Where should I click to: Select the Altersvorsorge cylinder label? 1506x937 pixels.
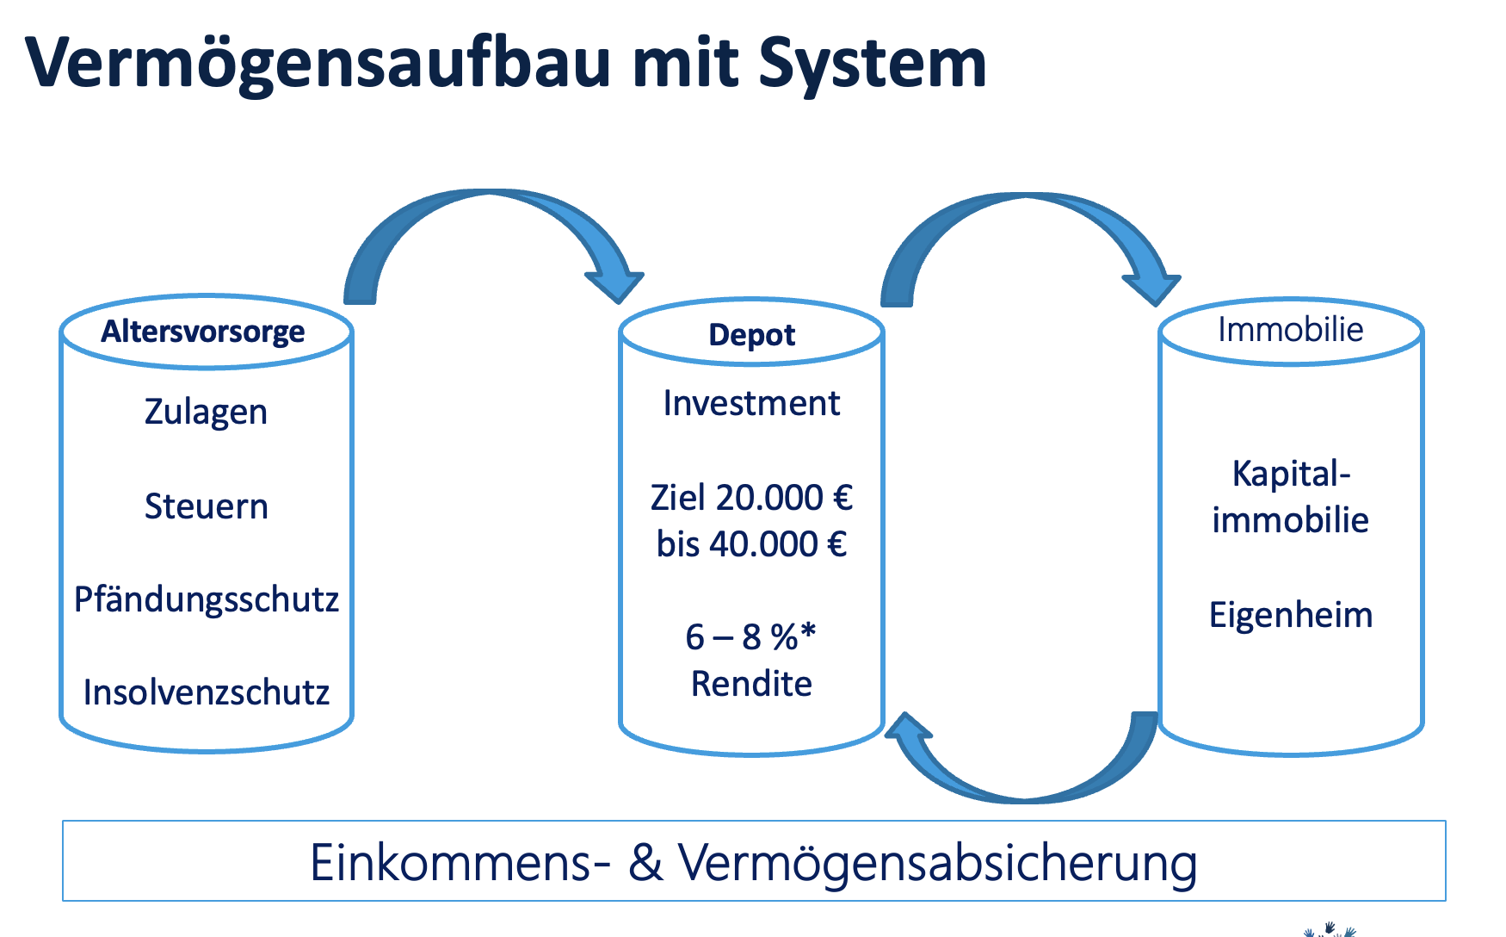pyautogui.click(x=203, y=332)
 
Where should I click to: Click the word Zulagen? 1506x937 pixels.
pyautogui.click(x=206, y=413)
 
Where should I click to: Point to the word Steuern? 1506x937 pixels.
pyautogui.click(x=207, y=506)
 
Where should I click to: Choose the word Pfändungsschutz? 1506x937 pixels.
pyautogui.click(x=207, y=599)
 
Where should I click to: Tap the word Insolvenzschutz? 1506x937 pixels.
pyautogui.click(x=207, y=692)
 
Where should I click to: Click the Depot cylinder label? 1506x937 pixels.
pyautogui.click(x=752, y=335)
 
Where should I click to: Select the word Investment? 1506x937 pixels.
pyautogui.click(x=751, y=403)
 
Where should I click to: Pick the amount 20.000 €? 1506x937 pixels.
pyautogui.click(x=784, y=498)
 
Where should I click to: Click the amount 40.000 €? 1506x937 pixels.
pyautogui.click(x=778, y=544)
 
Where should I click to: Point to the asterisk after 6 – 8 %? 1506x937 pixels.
pyautogui.click(x=806, y=631)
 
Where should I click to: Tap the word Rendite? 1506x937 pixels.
pyautogui.click(x=752, y=684)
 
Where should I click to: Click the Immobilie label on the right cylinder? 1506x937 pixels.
pyautogui.click(x=1291, y=330)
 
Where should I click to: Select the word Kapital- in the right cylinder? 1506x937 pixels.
pyautogui.click(x=1292, y=475)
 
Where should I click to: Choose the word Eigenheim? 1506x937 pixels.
pyautogui.click(x=1291, y=616)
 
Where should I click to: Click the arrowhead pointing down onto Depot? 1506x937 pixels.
pyautogui.click(x=614, y=284)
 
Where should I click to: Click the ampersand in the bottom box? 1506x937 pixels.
pyautogui.click(x=645, y=862)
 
